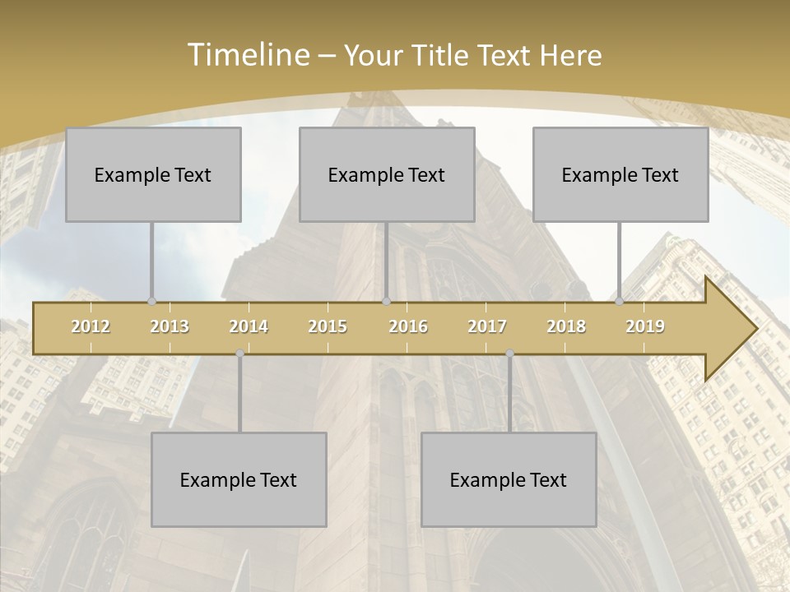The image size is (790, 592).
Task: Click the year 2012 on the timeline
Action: click(x=91, y=326)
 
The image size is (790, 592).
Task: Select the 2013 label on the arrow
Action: click(x=170, y=326)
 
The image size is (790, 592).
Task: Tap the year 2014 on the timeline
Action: click(x=249, y=326)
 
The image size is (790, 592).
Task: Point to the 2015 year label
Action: click(x=328, y=326)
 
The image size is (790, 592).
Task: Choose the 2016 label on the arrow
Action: click(x=408, y=326)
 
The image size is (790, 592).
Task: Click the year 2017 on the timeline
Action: click(x=487, y=326)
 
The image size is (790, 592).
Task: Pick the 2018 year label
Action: click(x=566, y=326)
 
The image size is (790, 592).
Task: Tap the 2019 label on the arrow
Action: click(x=645, y=326)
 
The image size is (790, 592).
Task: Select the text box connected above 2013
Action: click(x=153, y=175)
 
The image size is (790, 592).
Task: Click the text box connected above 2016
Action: click(x=387, y=175)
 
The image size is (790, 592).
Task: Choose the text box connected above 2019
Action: click(x=620, y=175)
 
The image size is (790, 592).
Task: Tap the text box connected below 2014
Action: click(x=239, y=480)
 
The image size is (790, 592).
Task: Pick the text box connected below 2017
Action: click(x=509, y=480)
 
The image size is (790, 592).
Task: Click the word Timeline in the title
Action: click(x=247, y=55)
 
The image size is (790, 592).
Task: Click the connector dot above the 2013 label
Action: click(x=151, y=301)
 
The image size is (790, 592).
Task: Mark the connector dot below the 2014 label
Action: click(x=239, y=354)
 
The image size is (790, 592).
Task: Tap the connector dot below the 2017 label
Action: click(x=509, y=354)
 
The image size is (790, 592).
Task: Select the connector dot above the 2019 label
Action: click(x=619, y=301)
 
